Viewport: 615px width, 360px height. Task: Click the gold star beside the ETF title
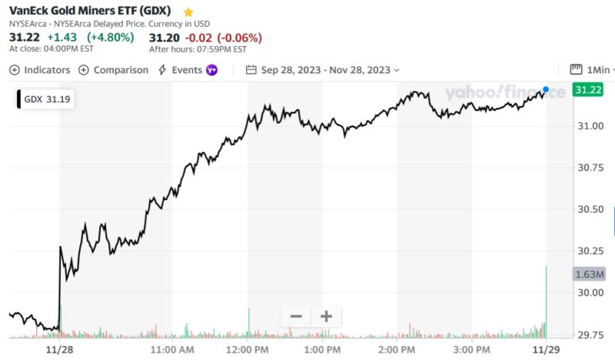pyautogui.click(x=188, y=13)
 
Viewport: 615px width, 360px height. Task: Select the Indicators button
pyautogui.click(x=40, y=70)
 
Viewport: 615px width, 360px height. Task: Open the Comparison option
pyautogui.click(x=114, y=70)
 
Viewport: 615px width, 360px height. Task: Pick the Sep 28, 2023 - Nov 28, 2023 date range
pyautogui.click(x=323, y=70)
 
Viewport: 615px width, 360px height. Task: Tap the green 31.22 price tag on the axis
pyautogui.click(x=588, y=90)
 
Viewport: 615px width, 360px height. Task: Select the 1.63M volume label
pyautogui.click(x=590, y=274)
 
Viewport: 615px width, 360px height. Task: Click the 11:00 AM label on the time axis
pyautogui.click(x=173, y=350)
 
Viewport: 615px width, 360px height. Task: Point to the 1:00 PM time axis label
pyautogui.click(x=324, y=350)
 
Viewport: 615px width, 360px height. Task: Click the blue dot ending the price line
pyautogui.click(x=546, y=90)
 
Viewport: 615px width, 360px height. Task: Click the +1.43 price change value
pyautogui.click(x=62, y=37)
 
